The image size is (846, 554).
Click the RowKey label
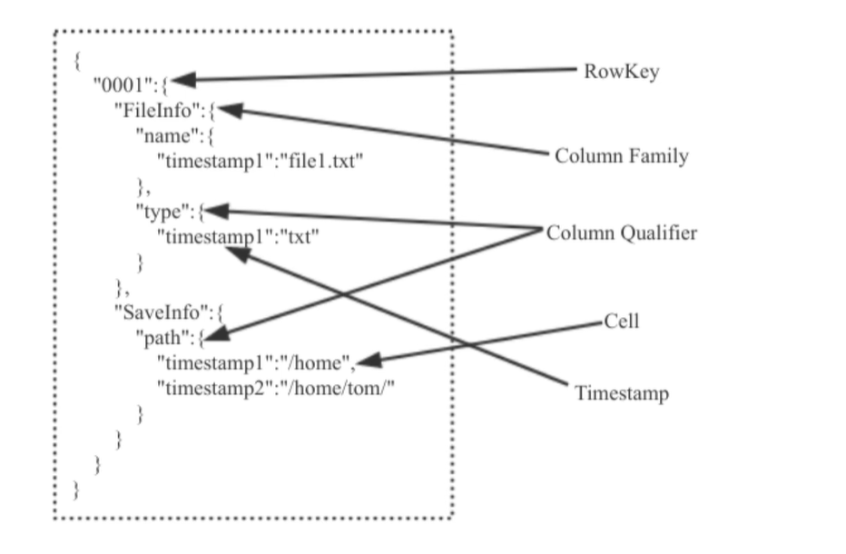(x=622, y=72)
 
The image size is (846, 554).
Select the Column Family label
(x=621, y=156)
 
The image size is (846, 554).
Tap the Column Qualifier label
(x=621, y=233)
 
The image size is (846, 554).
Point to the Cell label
(x=621, y=321)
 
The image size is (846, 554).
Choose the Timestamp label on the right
(x=621, y=393)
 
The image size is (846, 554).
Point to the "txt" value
(x=297, y=237)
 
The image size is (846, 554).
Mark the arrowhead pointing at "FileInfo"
(x=228, y=109)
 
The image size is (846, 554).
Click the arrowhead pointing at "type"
(x=218, y=212)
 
